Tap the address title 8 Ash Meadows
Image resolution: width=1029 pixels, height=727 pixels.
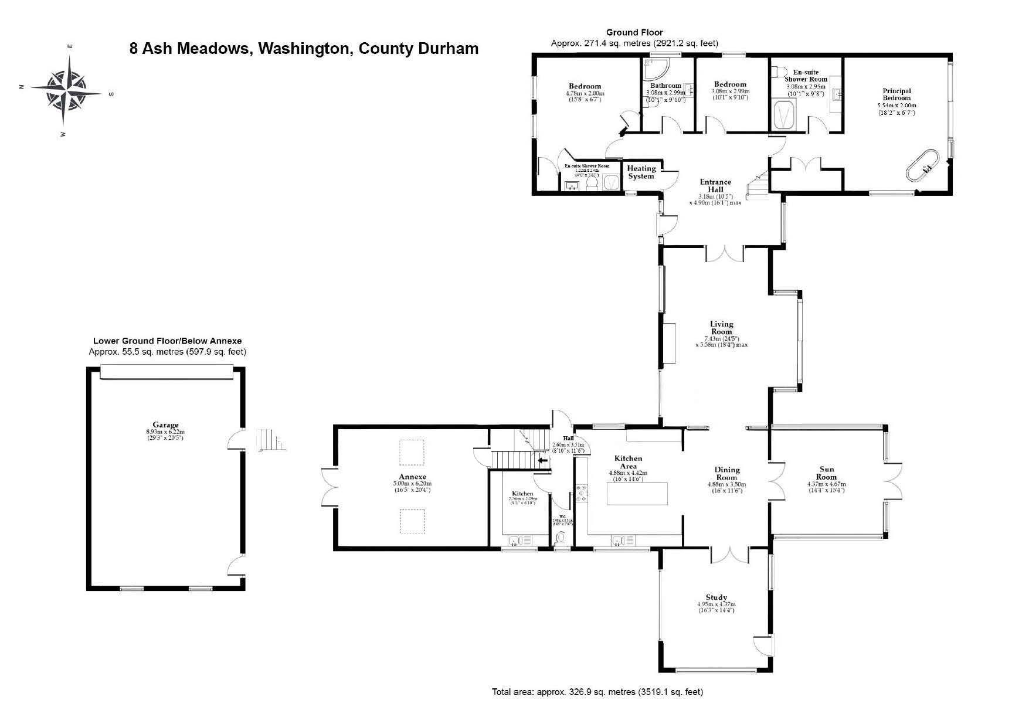pyautogui.click(x=304, y=48)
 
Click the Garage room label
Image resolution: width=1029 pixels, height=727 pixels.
pyautogui.click(x=165, y=425)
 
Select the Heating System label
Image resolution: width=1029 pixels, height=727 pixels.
pyautogui.click(x=641, y=172)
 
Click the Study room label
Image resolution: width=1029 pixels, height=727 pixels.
pyautogui.click(x=716, y=597)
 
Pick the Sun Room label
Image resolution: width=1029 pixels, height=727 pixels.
pyautogui.click(x=826, y=473)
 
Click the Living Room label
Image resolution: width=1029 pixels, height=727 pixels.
pyautogui.click(x=721, y=328)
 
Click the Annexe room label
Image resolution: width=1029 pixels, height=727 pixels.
pyautogui.click(x=412, y=477)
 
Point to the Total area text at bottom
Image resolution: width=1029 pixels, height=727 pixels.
pyautogui.click(x=597, y=692)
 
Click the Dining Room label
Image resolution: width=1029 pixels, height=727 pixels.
pyautogui.click(x=727, y=473)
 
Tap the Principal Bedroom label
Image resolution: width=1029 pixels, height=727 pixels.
pyautogui.click(x=896, y=94)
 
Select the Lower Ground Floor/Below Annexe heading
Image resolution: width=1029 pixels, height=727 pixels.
pyautogui.click(x=167, y=341)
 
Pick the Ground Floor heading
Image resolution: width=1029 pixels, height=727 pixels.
pyautogui.click(x=634, y=32)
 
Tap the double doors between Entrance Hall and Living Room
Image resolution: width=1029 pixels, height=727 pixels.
pyautogui.click(x=725, y=253)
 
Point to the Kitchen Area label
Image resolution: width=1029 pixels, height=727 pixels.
pyautogui.click(x=628, y=462)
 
